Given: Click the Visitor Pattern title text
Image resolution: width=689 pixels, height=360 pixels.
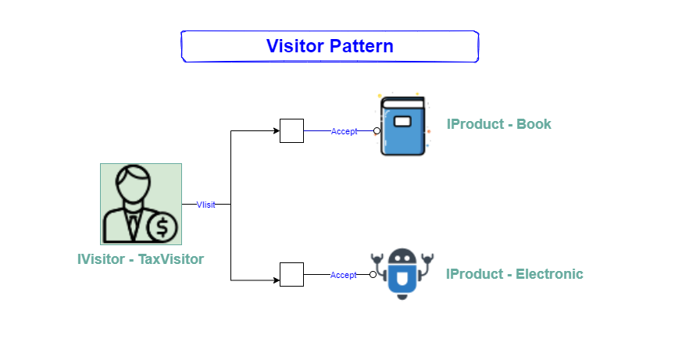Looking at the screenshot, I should point(330,46).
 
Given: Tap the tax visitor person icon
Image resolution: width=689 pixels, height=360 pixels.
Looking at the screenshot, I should point(141,204).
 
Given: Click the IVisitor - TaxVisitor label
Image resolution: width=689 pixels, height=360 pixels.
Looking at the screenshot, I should point(141,259).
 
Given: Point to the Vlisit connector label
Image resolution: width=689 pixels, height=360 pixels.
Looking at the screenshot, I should point(205,205).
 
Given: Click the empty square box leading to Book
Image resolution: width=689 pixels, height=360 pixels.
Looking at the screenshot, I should point(291,131).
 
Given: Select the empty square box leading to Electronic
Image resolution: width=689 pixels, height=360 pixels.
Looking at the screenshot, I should point(291,274).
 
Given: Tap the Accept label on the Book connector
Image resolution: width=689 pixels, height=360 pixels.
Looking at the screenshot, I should point(344,131).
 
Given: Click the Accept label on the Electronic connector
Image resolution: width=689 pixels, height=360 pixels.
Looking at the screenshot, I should point(343,275).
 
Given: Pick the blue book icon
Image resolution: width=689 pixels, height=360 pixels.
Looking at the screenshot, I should point(403,127).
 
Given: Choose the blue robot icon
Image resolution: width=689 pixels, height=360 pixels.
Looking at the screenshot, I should point(402,274).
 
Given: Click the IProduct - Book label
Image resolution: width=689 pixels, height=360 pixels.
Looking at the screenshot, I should point(499,124).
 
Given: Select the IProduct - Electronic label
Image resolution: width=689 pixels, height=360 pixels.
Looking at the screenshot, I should point(515,274).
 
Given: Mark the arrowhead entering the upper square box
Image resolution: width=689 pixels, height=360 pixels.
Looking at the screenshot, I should point(276,131).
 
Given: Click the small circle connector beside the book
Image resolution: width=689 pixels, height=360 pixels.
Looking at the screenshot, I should point(377,131).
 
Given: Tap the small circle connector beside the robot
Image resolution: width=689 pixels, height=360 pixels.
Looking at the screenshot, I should point(373,274).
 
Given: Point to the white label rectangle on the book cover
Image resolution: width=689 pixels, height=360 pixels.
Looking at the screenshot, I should point(402,122).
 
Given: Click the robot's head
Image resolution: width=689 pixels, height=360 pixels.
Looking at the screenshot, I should point(402,259).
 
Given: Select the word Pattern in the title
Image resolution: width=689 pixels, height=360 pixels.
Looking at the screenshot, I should point(360,46).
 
